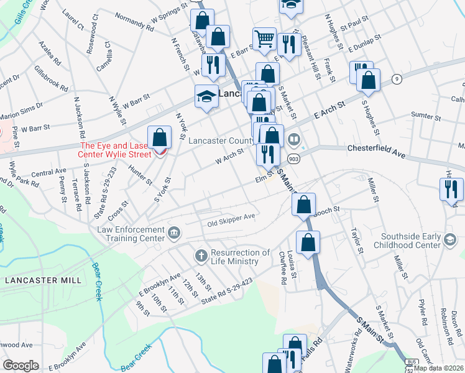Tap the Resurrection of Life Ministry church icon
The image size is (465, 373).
pyautogui.click(x=200, y=255)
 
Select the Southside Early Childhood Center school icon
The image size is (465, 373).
pyautogui.click(x=449, y=239)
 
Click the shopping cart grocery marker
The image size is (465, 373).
pyautogui.click(x=265, y=39)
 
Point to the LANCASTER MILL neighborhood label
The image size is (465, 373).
pyautogui.click(x=43, y=280)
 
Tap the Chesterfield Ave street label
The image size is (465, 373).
pyautogui.click(x=376, y=149)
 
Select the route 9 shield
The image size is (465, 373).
pyautogui.click(x=396, y=78)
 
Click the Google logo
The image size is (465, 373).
pyautogui.click(x=21, y=366)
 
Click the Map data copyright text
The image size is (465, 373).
pyautogui.click(x=439, y=367)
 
